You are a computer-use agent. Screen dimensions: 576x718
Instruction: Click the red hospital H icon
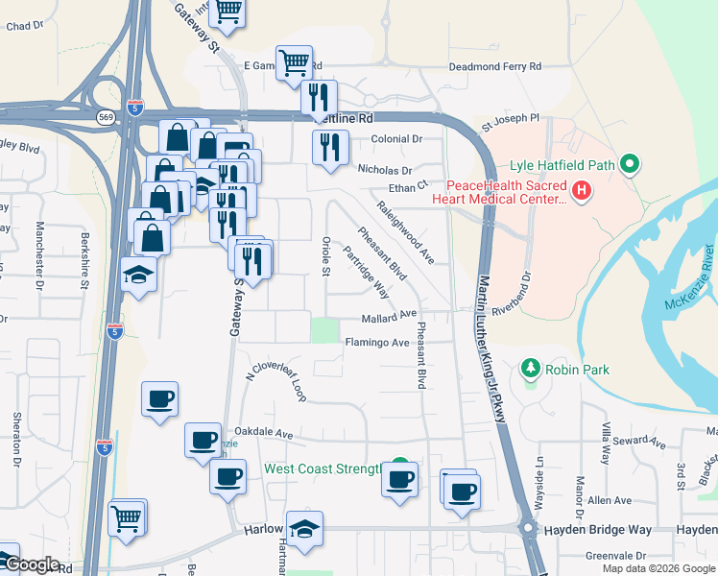(581, 192)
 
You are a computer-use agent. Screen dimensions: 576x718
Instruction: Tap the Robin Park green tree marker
(529, 368)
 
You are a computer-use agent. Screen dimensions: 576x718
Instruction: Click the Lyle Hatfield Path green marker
(630, 164)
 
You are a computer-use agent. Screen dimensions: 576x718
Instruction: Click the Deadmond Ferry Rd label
(496, 67)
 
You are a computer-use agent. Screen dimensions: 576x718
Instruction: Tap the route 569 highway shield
(105, 117)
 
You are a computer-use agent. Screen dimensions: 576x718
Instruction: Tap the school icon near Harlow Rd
(304, 528)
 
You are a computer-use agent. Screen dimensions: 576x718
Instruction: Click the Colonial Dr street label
(396, 139)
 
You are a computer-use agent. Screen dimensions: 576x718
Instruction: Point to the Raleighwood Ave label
(406, 233)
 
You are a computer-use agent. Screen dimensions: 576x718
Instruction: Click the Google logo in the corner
(31, 564)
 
